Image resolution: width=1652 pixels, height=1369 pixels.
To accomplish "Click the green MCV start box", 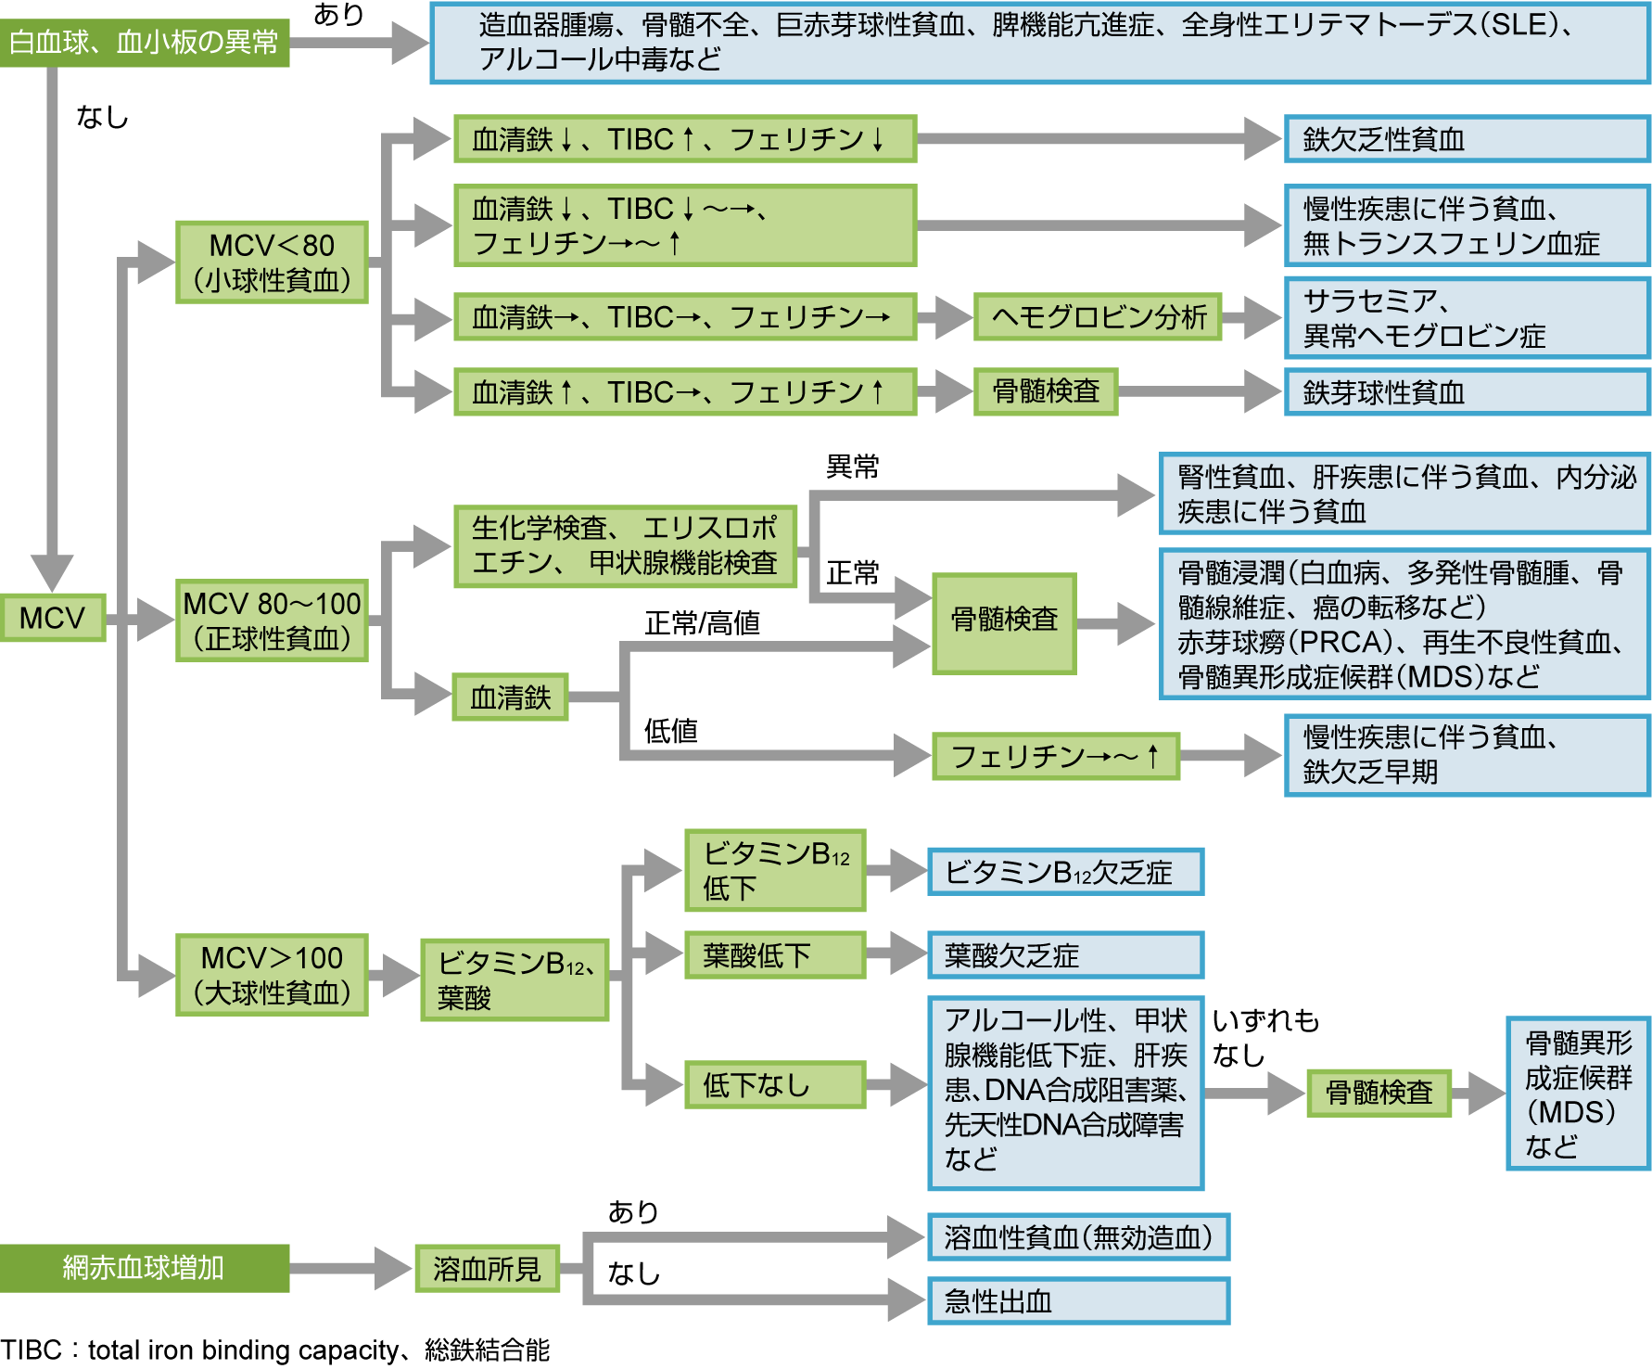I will pos(52,618).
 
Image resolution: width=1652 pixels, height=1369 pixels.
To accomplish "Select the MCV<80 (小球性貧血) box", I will pos(272,262).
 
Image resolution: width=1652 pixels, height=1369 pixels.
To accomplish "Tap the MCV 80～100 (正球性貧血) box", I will pos(272,621).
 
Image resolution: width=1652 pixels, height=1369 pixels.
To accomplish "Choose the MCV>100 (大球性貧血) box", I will pos(272,975).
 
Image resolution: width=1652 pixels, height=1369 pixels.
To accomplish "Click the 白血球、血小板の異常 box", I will pos(144,42).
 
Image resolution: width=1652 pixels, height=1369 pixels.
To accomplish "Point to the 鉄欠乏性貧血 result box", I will pos(1466,139).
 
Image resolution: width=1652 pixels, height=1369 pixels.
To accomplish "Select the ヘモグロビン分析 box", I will pos(1098,317).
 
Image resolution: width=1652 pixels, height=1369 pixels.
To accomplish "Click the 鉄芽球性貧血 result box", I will pos(1466,392).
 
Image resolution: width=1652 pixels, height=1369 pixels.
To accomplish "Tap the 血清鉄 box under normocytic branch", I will pos(510,697).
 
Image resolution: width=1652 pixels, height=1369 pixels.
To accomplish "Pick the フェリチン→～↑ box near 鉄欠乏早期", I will pos(1055,757).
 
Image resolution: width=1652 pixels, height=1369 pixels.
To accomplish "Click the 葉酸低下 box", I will pos(774,955).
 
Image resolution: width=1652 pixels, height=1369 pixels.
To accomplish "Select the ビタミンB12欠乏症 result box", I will pos(1065,872).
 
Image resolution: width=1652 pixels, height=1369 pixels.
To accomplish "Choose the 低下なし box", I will pos(774,1084).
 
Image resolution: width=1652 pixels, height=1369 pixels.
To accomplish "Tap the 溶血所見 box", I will pos(487,1268).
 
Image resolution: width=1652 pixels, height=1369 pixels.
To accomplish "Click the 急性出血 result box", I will pos(1078,1301).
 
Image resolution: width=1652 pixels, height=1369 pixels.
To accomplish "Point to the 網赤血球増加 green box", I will pos(144,1268).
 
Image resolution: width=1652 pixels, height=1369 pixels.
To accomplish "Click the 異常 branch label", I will pos(852,467).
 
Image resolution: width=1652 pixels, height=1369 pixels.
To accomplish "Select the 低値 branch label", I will pos(670,731).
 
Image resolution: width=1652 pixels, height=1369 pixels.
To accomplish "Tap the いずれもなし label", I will pos(1264,1038).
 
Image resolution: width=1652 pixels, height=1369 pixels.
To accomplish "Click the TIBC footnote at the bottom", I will pos(275,1350).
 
